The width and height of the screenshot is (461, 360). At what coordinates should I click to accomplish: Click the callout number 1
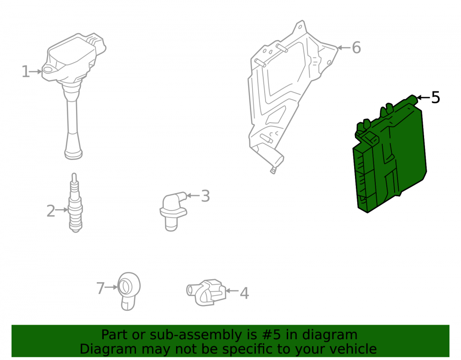(x=25, y=72)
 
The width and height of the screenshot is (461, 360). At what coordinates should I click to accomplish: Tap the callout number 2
(x=51, y=211)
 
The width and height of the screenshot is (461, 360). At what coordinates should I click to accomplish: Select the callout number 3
(x=206, y=196)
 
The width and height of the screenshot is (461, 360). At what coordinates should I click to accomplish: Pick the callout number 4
(x=244, y=293)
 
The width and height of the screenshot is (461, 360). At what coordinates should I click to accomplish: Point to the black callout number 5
(x=436, y=98)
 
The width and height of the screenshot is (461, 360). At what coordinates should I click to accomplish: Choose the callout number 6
(x=356, y=47)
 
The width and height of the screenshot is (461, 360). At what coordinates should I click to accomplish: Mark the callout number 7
(x=100, y=288)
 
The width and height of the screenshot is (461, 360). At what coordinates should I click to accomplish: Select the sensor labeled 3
(x=172, y=211)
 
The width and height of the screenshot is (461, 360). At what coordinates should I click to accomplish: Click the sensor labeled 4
(x=206, y=293)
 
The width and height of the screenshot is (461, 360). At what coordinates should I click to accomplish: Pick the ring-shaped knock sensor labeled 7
(x=129, y=291)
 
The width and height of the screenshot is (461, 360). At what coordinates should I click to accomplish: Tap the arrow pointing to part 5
(x=423, y=98)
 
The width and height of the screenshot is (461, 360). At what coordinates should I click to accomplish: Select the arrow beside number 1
(x=36, y=71)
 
